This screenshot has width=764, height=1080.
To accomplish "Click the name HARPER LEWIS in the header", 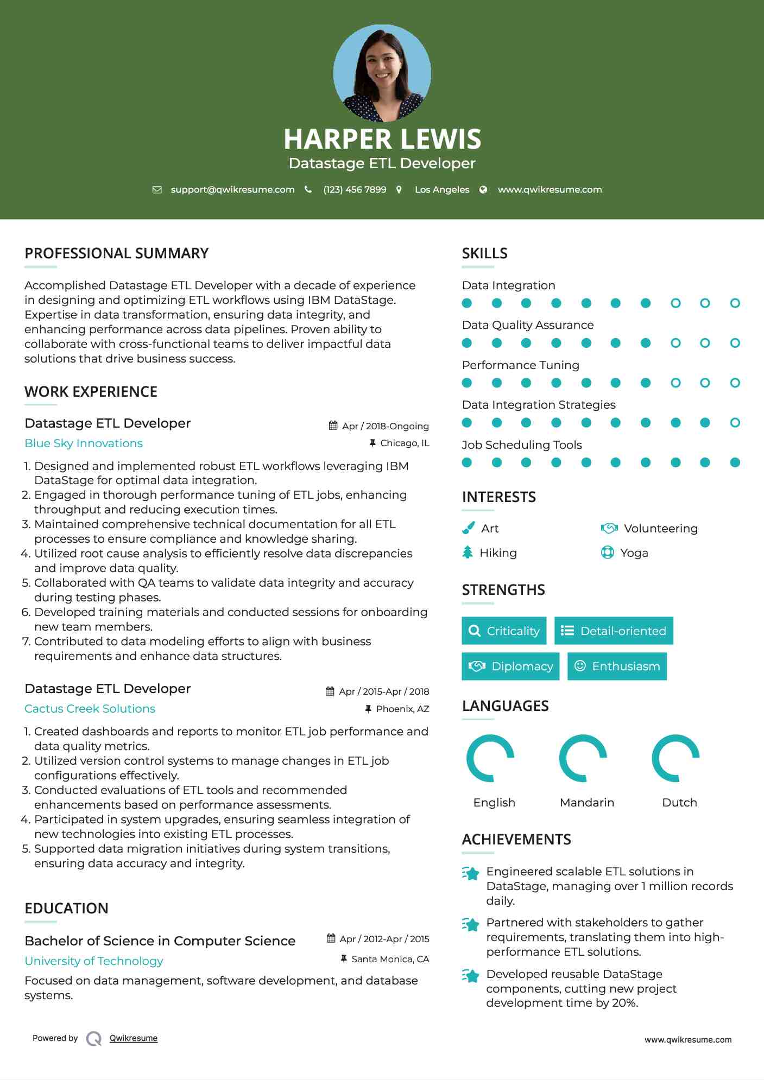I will pyautogui.click(x=382, y=139).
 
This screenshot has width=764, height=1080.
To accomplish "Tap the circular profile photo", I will pyautogui.click(x=382, y=73).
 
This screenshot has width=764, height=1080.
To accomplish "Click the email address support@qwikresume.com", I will pyautogui.click(x=232, y=189).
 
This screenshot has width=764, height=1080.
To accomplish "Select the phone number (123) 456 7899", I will pyautogui.click(x=355, y=189).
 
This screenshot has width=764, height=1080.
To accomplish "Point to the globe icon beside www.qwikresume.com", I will pyautogui.click(x=483, y=189).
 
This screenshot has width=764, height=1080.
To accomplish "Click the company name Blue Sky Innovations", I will pyautogui.click(x=84, y=443).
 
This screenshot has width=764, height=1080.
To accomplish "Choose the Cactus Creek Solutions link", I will pyautogui.click(x=90, y=709).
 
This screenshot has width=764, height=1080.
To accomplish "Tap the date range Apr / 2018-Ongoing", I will pyautogui.click(x=385, y=426).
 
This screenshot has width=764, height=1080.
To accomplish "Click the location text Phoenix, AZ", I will pyautogui.click(x=402, y=709).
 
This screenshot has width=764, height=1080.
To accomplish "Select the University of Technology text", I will pyautogui.click(x=94, y=961).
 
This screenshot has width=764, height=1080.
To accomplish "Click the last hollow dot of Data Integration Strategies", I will pyautogui.click(x=735, y=423).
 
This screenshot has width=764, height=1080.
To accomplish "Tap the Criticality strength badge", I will pyautogui.click(x=504, y=631).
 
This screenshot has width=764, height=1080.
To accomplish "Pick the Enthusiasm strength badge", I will pyautogui.click(x=617, y=666).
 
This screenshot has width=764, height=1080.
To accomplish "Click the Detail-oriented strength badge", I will pyautogui.click(x=614, y=631).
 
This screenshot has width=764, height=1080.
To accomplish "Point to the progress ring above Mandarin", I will pyautogui.click(x=583, y=758).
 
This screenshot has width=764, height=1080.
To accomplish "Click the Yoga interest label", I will pyautogui.click(x=634, y=553).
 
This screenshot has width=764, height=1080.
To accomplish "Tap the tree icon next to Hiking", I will pyautogui.click(x=468, y=552).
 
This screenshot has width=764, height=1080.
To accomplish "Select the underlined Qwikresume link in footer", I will pyautogui.click(x=134, y=1038).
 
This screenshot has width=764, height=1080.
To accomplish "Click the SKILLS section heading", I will pyautogui.click(x=484, y=253).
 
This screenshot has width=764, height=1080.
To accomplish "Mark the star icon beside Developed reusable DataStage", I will pyautogui.click(x=470, y=976).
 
